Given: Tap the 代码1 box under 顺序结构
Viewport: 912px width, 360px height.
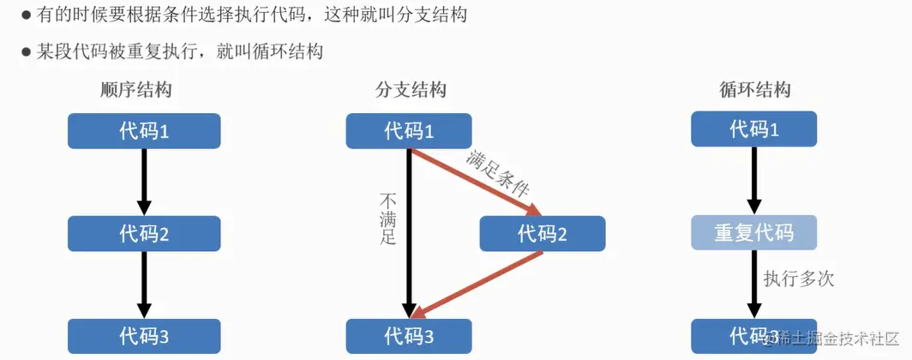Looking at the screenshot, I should point(144,131).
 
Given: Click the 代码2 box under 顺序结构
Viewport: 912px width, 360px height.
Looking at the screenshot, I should point(144,233).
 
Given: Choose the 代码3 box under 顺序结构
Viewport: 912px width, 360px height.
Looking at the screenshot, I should point(144,335).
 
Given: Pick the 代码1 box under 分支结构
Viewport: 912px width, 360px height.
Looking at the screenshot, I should point(409,131).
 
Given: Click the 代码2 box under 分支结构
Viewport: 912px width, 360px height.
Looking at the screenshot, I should point(543,233).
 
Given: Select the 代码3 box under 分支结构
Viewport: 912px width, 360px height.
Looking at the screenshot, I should point(409,335).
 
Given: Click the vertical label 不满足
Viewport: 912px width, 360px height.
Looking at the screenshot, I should point(387,219).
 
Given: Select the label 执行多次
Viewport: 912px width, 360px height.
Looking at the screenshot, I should point(798,279).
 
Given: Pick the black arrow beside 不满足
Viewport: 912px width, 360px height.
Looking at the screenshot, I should point(410,231).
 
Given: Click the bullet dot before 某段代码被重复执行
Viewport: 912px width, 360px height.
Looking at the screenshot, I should point(27,52).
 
